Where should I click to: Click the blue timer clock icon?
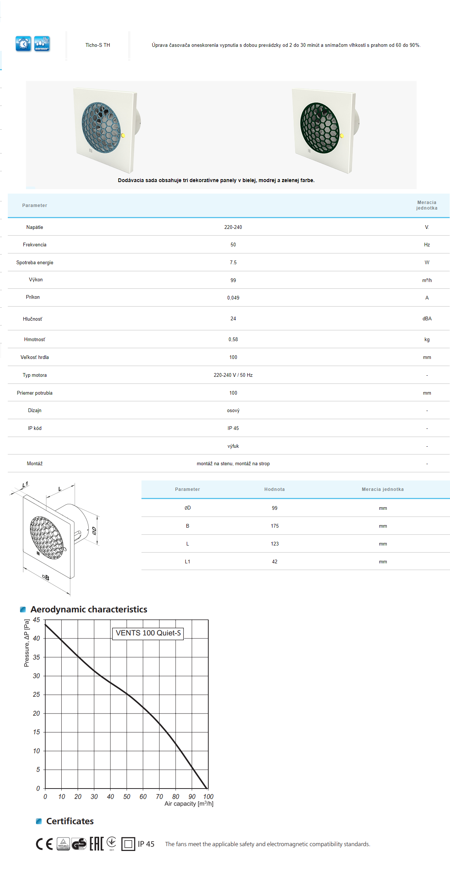tap(23, 44)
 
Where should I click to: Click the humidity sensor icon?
tap(42, 44)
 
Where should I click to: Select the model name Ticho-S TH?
tap(98, 45)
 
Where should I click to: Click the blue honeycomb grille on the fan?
tap(101, 127)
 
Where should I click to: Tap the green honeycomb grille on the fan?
tap(320, 128)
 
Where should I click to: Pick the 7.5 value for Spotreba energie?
tap(233, 262)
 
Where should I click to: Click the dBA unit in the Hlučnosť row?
tap(427, 318)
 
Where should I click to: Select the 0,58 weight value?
tap(233, 339)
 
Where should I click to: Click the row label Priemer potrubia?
tap(35, 393)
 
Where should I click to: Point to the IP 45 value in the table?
tap(233, 428)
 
